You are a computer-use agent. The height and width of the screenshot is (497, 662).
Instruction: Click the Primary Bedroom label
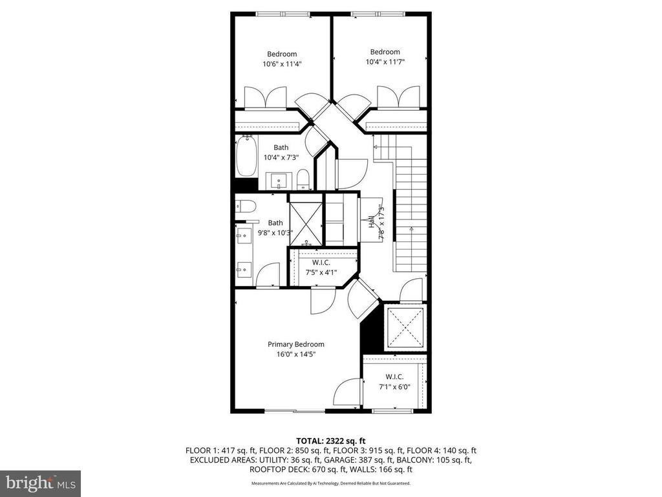click(x=296, y=344)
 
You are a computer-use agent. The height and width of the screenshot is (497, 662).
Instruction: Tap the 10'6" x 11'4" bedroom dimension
click(x=282, y=64)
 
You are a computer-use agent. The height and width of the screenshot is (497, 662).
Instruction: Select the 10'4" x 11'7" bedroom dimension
click(x=385, y=62)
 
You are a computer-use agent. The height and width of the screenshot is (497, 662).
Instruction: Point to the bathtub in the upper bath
click(x=246, y=156)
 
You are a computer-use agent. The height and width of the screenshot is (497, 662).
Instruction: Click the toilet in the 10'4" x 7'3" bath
click(x=303, y=180)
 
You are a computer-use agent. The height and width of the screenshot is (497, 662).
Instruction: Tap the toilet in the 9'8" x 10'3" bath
click(x=246, y=206)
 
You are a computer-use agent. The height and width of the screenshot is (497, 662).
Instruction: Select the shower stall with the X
click(x=306, y=223)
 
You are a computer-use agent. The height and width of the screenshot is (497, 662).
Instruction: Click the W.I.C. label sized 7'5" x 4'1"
click(x=321, y=263)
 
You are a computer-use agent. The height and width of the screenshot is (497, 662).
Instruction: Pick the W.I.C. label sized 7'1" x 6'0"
click(x=394, y=377)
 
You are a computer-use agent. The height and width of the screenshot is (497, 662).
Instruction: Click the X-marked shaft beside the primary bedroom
click(x=405, y=327)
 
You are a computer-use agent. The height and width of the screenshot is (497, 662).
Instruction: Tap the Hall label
click(x=371, y=222)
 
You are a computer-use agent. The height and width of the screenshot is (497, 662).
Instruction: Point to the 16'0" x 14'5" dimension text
click(x=296, y=355)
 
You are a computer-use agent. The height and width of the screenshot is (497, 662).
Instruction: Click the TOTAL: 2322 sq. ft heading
click(x=331, y=441)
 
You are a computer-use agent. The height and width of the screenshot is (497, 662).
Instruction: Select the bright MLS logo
click(x=41, y=483)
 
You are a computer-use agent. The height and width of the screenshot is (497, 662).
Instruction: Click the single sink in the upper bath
click(x=279, y=181)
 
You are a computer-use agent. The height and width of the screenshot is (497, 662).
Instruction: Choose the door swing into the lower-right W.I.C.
click(x=348, y=392)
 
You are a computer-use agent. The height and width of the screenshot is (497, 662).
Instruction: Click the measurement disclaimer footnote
click(x=331, y=483)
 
